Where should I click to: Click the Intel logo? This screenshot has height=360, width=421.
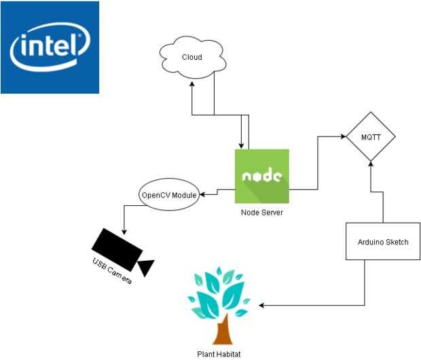pyautogui.click(x=50, y=47)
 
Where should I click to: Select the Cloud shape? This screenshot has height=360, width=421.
pyautogui.click(x=193, y=58)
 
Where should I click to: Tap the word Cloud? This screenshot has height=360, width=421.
pyautogui.click(x=192, y=57)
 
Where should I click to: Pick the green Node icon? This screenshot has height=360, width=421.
pyautogui.click(x=262, y=176)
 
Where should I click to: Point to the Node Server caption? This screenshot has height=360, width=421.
pyautogui.click(x=261, y=212)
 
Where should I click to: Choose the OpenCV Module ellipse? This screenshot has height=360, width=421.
pyautogui.click(x=169, y=195)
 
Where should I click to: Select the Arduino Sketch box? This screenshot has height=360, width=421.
pyautogui.click(x=383, y=242)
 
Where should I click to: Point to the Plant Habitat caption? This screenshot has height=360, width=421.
pyautogui.click(x=219, y=353)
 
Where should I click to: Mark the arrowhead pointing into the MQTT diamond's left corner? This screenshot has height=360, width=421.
pyautogui.click(x=342, y=137)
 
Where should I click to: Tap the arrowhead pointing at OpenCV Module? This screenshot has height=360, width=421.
pyautogui.click(x=202, y=195)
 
